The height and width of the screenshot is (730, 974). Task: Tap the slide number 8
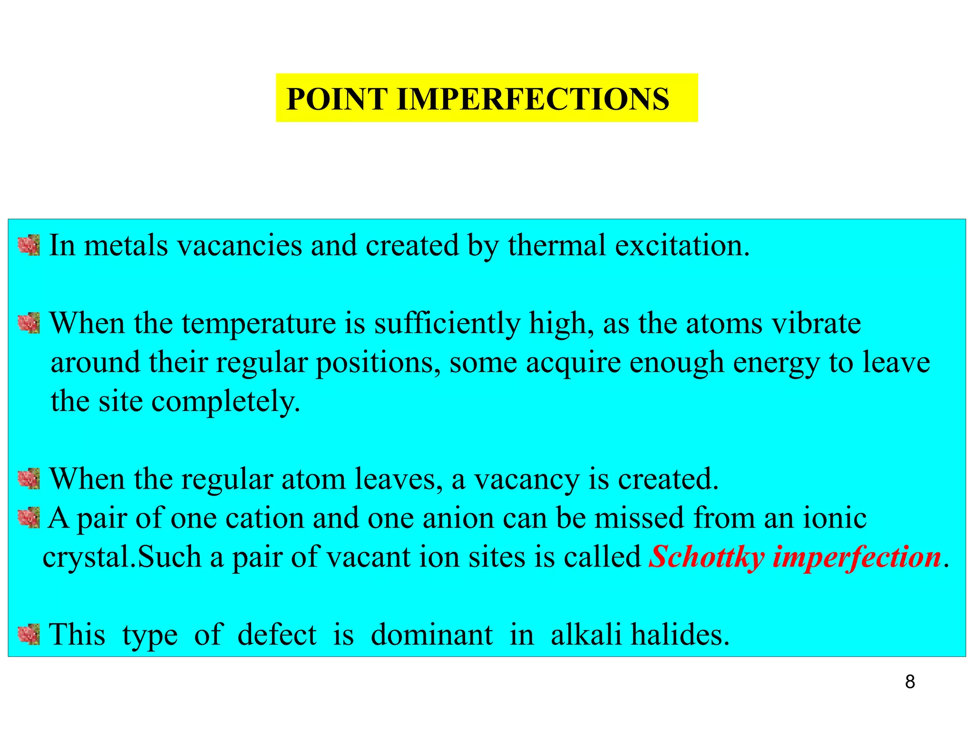(910, 682)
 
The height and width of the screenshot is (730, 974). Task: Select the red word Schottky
(707, 557)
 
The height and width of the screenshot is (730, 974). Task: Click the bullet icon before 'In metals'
(29, 245)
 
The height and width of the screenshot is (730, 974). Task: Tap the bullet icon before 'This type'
(29, 634)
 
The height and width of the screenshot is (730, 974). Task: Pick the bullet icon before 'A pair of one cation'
(29, 518)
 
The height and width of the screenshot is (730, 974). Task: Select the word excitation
(682, 245)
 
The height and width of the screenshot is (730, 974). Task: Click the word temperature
(259, 324)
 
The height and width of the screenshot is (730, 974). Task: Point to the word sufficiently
(447, 324)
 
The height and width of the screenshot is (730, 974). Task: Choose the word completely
(225, 402)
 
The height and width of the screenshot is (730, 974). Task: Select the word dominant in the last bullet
(431, 634)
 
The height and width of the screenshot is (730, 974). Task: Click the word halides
(680, 634)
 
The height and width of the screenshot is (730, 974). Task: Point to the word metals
(126, 245)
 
